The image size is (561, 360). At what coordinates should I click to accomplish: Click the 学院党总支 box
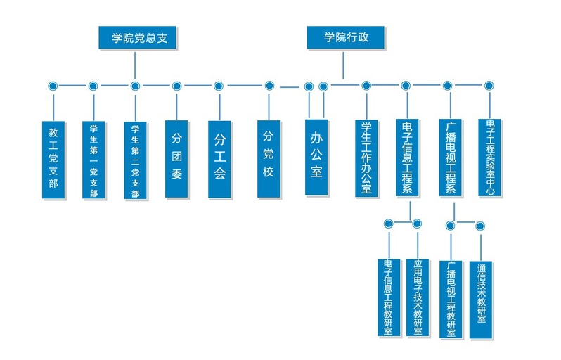(x=137, y=37)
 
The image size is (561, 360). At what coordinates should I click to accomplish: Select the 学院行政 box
(x=345, y=37)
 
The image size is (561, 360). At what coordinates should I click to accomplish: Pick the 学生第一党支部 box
(x=93, y=160)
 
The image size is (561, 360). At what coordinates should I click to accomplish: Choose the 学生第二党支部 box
(x=135, y=160)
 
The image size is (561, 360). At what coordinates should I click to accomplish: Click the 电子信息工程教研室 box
(x=388, y=297)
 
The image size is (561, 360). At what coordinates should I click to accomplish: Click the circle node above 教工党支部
(x=53, y=86)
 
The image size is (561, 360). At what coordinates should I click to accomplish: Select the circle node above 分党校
(x=269, y=86)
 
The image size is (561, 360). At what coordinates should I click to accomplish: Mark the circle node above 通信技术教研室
(x=480, y=226)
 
